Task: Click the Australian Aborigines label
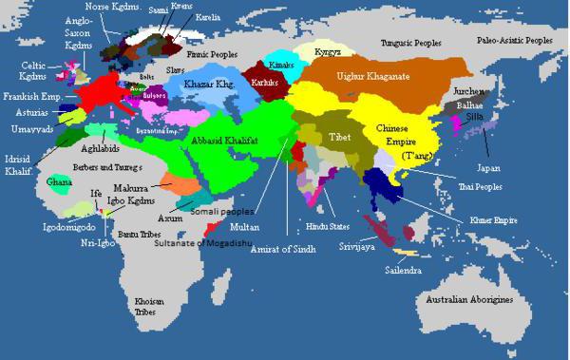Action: click(467, 300)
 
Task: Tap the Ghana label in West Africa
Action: click(59, 181)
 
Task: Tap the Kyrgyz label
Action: click(313, 47)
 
